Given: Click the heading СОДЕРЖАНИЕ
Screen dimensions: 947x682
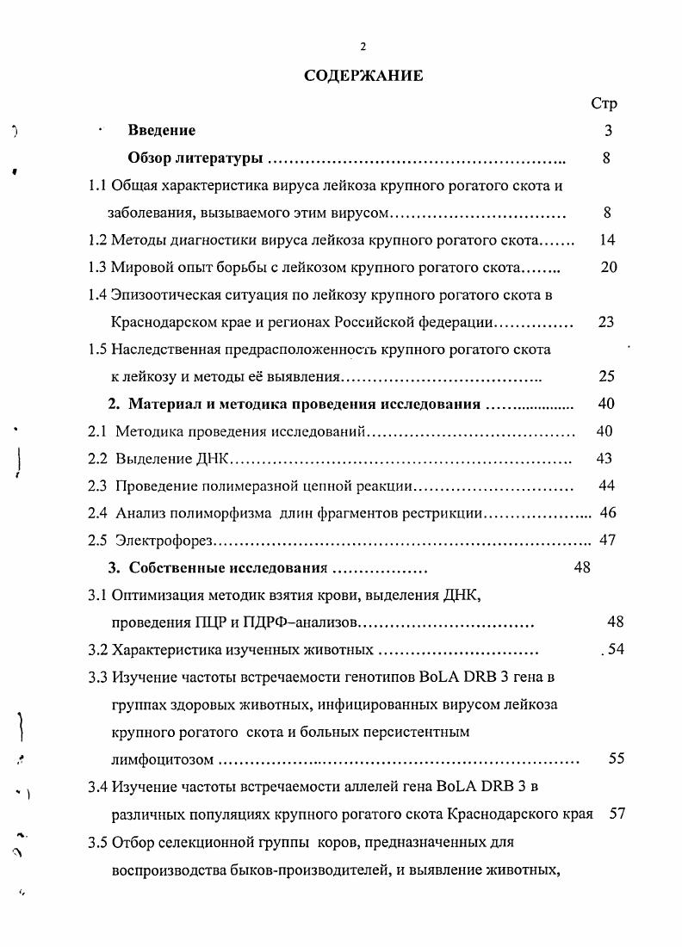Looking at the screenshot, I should click(x=363, y=76).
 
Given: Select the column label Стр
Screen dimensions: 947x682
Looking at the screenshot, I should click(x=604, y=103).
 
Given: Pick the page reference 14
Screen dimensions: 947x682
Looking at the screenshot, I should click(x=607, y=240).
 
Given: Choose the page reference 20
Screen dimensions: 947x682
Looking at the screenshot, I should click(x=609, y=267).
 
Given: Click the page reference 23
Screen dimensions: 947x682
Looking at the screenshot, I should click(x=607, y=322).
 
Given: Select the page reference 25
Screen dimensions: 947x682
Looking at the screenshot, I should click(x=607, y=376).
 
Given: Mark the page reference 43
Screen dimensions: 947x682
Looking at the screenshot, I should click(x=604, y=459).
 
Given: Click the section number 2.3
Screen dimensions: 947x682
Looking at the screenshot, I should click(x=98, y=486).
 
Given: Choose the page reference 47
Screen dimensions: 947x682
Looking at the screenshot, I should click(x=607, y=541).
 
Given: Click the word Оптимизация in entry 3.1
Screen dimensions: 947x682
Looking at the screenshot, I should click(x=153, y=595).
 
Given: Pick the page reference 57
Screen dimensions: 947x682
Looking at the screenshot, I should click(x=617, y=813).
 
